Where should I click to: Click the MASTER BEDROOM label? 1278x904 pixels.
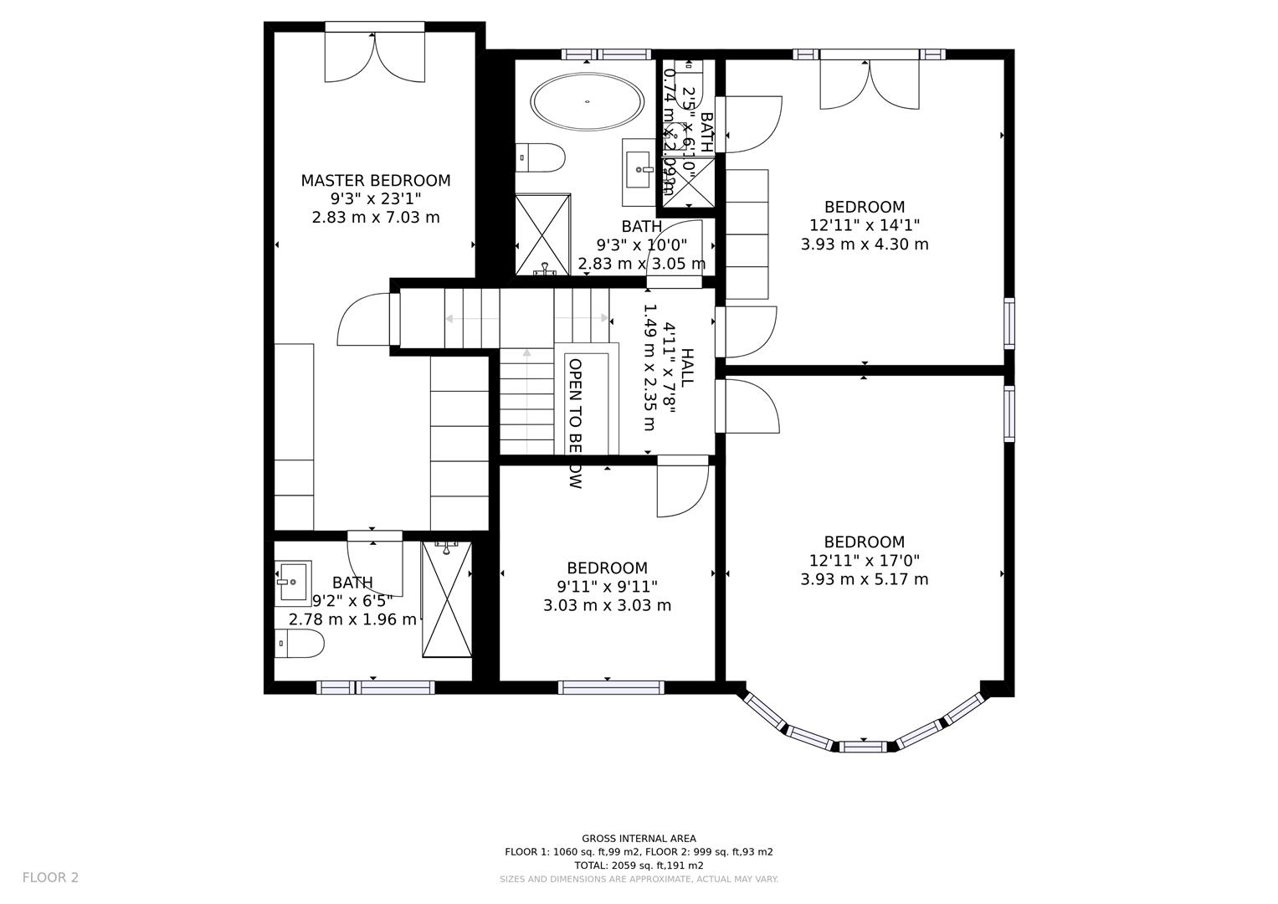(375, 180)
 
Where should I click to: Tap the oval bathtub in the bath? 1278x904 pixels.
(588, 102)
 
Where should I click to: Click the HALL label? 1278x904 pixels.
(686, 367)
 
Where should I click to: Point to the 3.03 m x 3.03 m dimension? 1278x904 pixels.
(607, 605)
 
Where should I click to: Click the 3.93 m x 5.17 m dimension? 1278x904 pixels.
(864, 579)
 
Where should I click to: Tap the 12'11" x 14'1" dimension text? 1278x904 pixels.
(864, 225)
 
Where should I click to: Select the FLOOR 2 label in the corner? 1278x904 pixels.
(50, 877)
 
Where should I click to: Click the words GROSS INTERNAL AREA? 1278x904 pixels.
(639, 838)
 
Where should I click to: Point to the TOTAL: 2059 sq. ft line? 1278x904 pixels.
(639, 865)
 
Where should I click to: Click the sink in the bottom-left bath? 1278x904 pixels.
(293, 583)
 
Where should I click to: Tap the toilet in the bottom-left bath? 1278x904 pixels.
(299, 645)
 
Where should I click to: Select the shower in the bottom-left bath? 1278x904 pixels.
(447, 599)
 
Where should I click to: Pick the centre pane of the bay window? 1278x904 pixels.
(864, 746)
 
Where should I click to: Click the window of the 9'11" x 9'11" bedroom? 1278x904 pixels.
(611, 687)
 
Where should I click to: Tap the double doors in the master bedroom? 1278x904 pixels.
(375, 56)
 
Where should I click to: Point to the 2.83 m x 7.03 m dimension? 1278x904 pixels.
(375, 218)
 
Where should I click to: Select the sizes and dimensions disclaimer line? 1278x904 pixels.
(639, 879)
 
